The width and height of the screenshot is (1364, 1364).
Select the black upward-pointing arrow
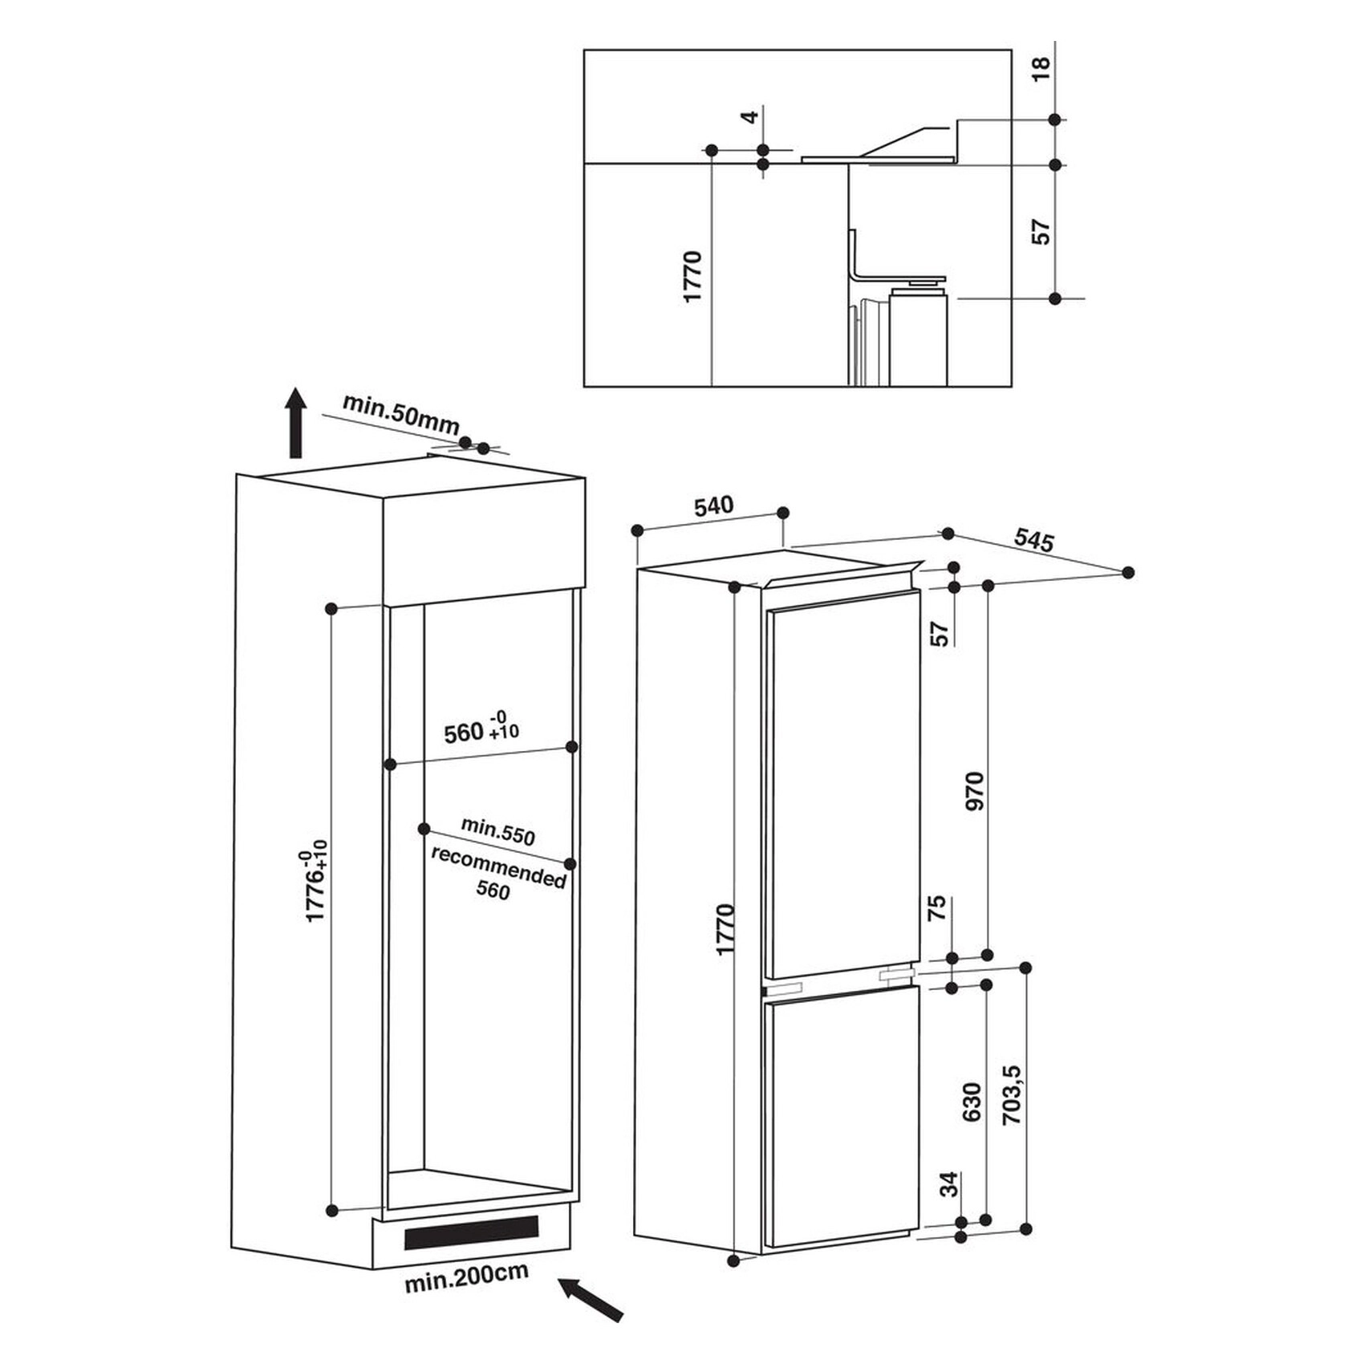click(x=297, y=423)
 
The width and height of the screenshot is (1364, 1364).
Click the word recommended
click(x=498, y=867)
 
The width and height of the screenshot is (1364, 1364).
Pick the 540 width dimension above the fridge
click(x=713, y=506)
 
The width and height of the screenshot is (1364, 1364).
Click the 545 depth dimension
click(x=1033, y=539)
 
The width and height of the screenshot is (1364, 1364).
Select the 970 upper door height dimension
click(x=974, y=791)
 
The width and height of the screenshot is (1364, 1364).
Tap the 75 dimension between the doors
click(x=937, y=908)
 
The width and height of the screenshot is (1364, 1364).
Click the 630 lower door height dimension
click(x=972, y=1102)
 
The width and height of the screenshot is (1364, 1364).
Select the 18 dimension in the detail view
click(x=1041, y=69)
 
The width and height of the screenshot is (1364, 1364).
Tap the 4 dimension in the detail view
click(x=749, y=117)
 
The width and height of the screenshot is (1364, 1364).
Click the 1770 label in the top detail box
click(x=692, y=277)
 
